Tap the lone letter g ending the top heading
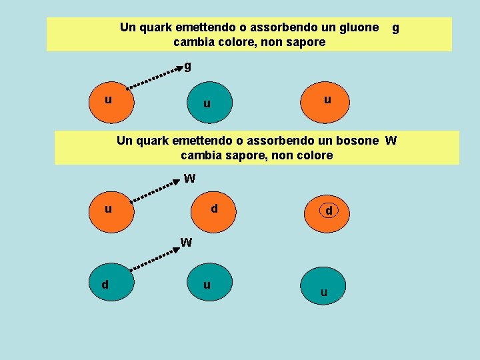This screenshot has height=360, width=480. [395, 28]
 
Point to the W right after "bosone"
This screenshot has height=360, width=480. [391, 141]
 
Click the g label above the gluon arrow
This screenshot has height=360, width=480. [187, 66]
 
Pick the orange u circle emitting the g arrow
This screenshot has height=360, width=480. [112, 101]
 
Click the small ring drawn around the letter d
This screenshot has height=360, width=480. [329, 211]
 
